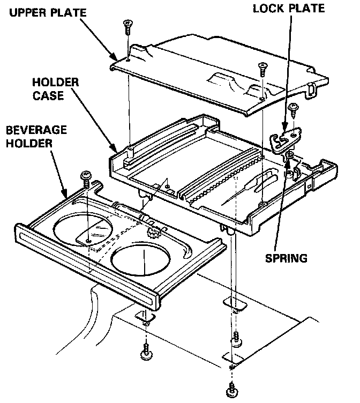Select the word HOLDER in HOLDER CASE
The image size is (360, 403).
pyautogui.click(x=56, y=83)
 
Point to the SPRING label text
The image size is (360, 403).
pyautogui.click(x=287, y=258)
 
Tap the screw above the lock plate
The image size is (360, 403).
pyautogui.click(x=293, y=110)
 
